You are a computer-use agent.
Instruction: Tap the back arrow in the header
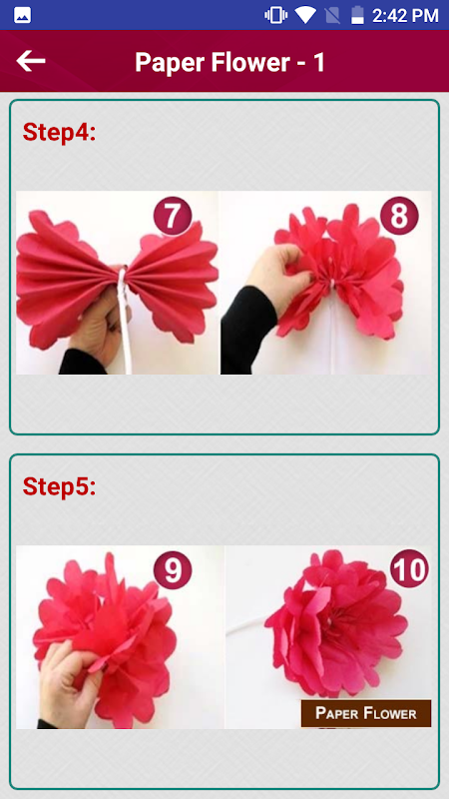pos(31,61)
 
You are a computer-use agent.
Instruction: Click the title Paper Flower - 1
pos(229,62)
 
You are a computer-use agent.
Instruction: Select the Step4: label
pos(60,132)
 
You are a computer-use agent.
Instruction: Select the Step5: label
pos(60,486)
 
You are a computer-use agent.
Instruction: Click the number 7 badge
pos(172,216)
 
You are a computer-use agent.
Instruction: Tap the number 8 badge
pos(399,216)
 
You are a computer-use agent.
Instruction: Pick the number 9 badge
pos(173,570)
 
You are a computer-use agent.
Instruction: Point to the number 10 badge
pos(410,570)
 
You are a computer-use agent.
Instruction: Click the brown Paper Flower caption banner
pos(366,713)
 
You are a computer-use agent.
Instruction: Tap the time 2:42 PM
pos(405,16)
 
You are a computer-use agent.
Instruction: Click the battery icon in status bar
pos(358,15)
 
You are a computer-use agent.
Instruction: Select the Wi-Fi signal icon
pos(305,15)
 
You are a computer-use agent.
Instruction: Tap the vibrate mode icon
pos(275,15)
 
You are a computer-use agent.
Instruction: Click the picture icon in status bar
pos(22,16)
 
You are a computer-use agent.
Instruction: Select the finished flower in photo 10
pos(336,624)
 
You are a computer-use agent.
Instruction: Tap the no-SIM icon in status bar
pos(332,16)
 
